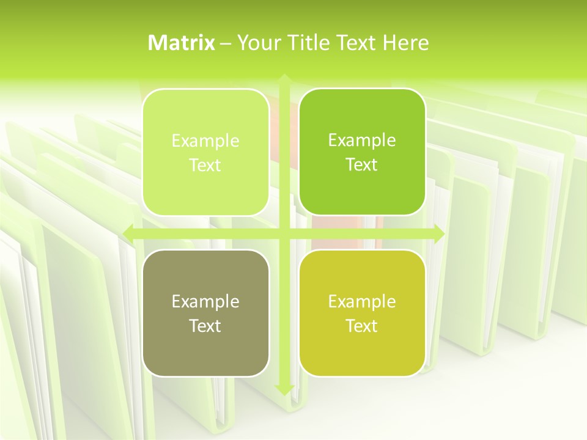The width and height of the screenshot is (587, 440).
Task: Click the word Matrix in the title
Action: tap(182, 43)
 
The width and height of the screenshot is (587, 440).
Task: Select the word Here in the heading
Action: tap(405, 43)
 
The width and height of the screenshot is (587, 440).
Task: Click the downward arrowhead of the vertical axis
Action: tap(284, 389)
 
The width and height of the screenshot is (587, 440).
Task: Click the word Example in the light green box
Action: tap(205, 141)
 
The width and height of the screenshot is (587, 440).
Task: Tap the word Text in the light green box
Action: tap(205, 166)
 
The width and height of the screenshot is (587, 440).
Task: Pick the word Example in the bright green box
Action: tap(362, 141)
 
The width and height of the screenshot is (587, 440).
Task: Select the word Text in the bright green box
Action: tap(362, 165)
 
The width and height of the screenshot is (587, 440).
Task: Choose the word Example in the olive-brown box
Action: tap(205, 302)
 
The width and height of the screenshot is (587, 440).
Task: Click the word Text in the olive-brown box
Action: tap(205, 326)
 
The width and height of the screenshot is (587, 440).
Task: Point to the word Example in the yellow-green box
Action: tap(362, 302)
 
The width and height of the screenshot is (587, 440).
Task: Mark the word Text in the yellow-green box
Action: tap(362, 326)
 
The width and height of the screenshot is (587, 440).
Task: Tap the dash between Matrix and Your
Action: tap(226, 43)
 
